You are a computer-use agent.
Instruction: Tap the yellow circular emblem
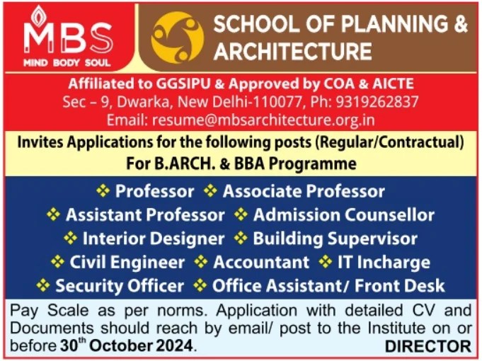(178, 38)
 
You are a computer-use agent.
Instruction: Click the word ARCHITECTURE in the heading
(292, 51)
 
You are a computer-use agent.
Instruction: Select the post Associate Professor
(304, 191)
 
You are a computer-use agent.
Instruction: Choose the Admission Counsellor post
(343, 214)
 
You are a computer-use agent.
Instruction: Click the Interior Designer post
(153, 239)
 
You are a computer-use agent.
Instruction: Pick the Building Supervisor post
(335, 239)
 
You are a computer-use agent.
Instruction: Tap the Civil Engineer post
(127, 262)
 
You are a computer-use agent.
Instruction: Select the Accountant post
(261, 262)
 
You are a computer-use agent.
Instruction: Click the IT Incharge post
(383, 262)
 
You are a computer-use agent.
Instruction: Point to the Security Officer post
(119, 286)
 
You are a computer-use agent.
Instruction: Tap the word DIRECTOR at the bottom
(428, 347)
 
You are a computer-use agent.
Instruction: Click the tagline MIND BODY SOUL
(67, 62)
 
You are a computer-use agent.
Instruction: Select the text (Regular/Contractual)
(389, 142)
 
